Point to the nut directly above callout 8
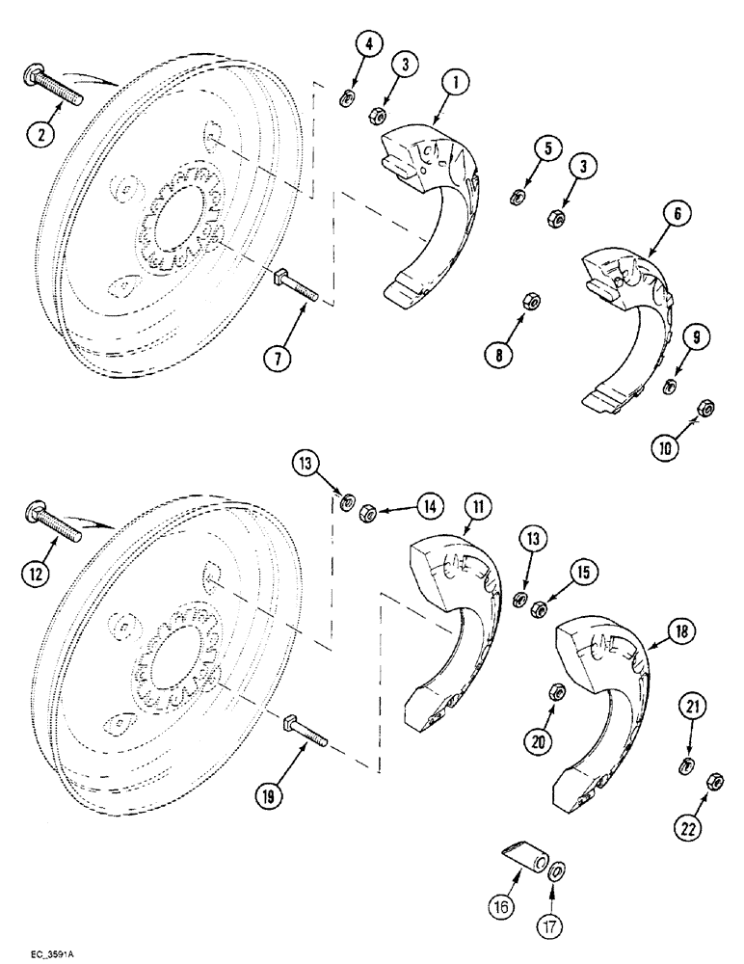point(530,300)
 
